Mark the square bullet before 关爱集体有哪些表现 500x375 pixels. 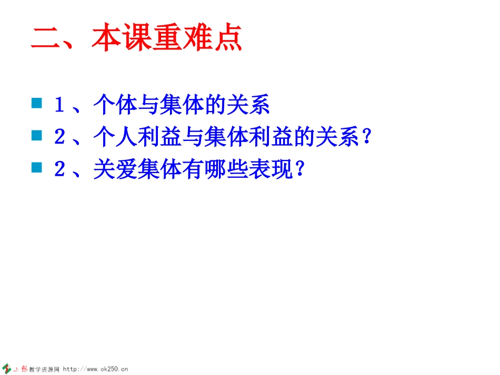[37, 168]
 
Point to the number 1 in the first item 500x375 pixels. [59, 105]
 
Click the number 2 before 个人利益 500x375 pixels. [59, 138]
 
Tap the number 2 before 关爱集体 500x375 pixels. [59, 170]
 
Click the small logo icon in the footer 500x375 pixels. [7, 368]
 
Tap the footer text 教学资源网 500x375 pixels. [44, 369]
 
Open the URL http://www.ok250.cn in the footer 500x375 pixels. [96, 369]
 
